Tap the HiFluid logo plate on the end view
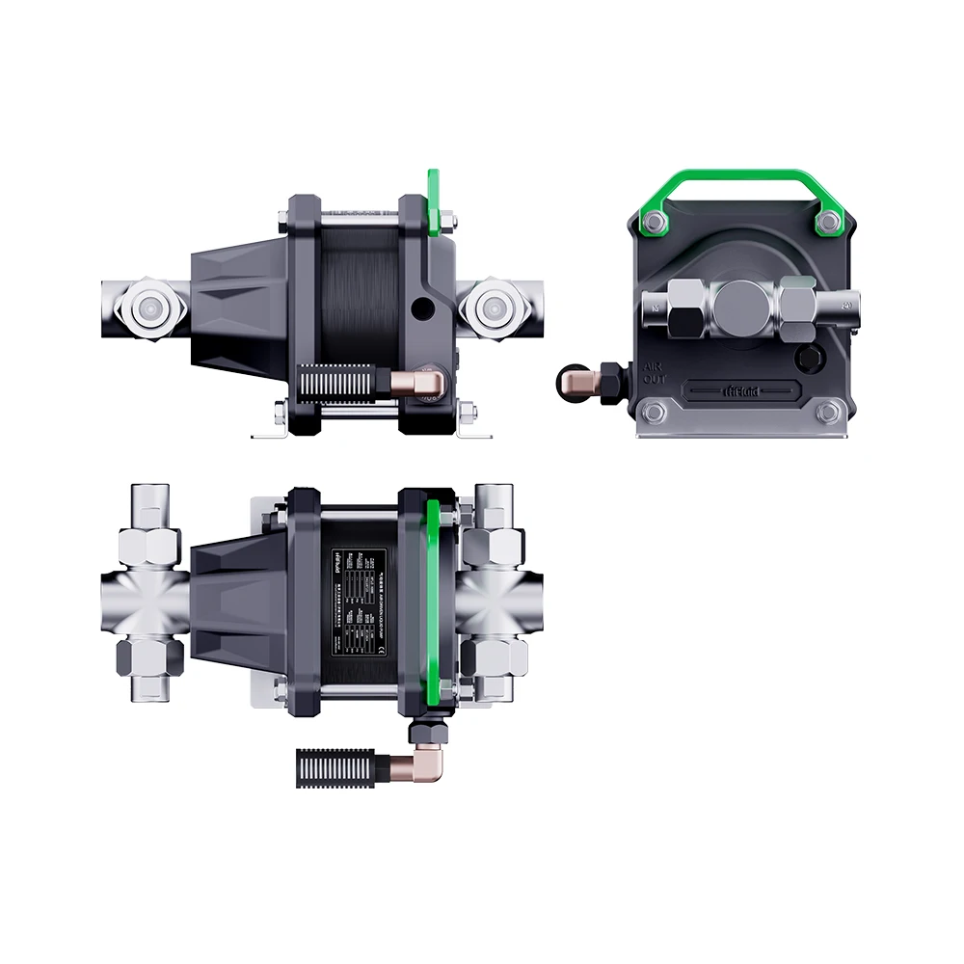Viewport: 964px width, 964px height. coord(739,389)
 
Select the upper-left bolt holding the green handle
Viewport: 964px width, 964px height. coord(653,223)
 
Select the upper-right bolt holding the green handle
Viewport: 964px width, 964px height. coord(827,223)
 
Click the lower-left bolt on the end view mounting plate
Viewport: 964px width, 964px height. coord(653,414)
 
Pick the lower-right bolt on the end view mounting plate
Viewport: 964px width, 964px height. coord(827,414)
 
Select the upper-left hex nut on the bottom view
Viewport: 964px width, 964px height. coord(148,545)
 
